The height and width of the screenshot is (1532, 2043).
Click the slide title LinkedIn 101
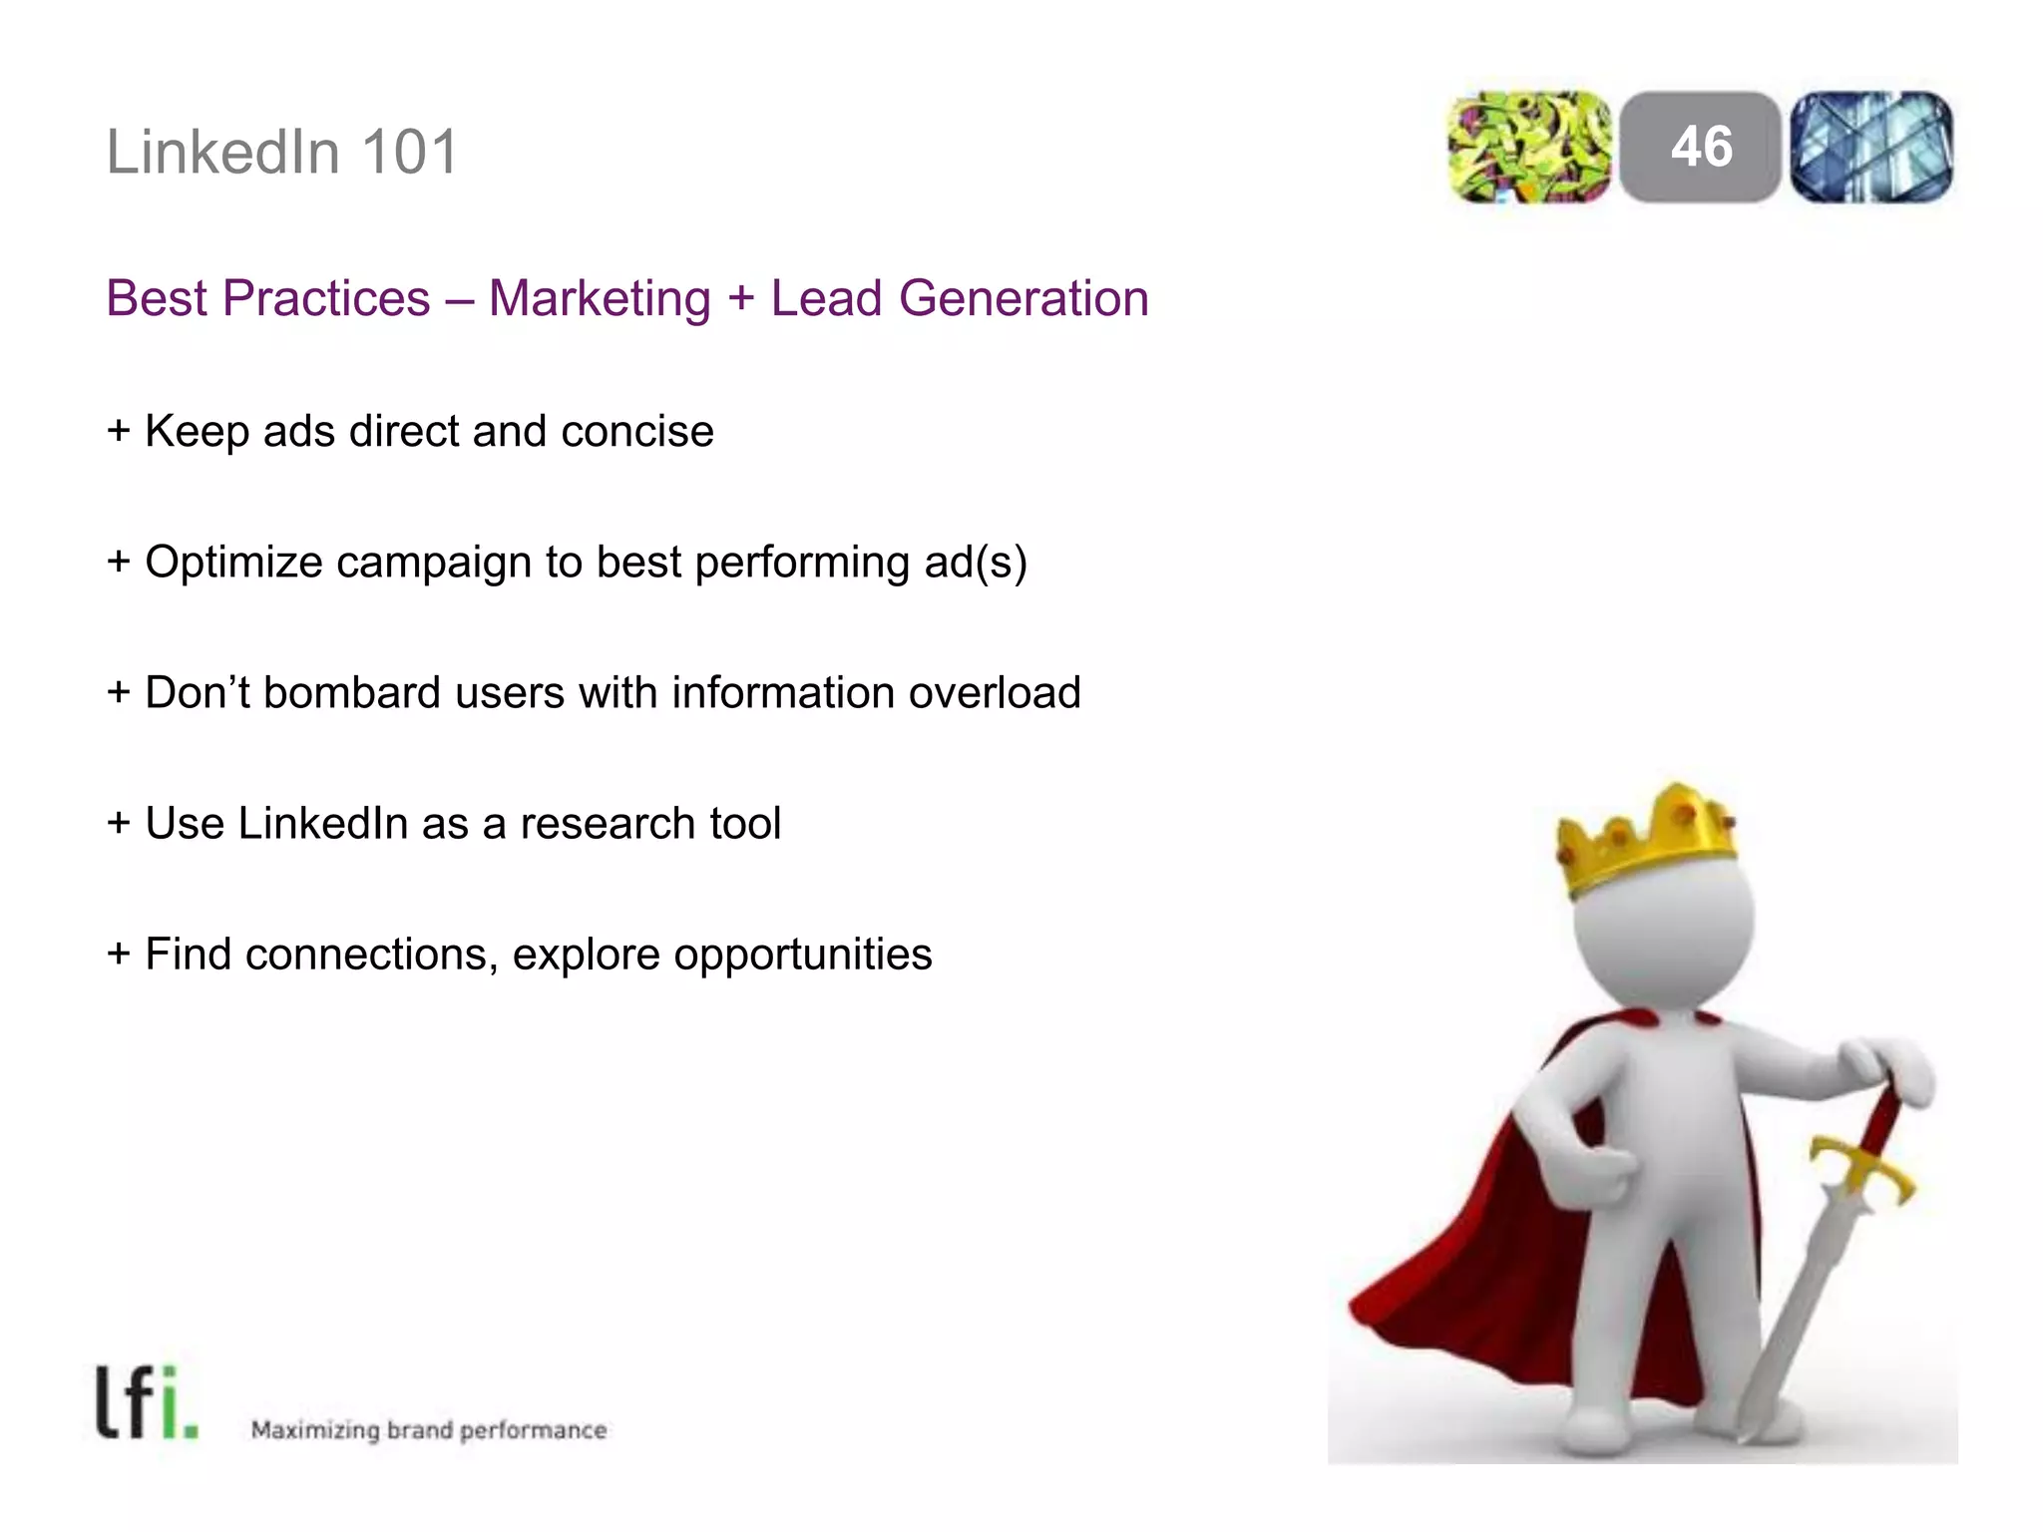click(282, 153)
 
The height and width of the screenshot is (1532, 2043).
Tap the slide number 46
click(1701, 147)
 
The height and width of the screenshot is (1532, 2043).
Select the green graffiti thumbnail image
click(1529, 147)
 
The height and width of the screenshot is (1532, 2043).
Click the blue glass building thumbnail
click(1871, 147)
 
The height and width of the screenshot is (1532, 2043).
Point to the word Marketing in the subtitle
click(600, 298)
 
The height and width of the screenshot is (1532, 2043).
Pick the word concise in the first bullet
click(637, 431)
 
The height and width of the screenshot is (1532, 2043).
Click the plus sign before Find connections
click(119, 954)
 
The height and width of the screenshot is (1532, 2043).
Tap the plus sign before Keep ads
click(119, 431)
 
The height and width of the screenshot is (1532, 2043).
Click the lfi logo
click(146, 1402)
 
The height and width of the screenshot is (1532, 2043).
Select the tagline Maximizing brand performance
click(429, 1430)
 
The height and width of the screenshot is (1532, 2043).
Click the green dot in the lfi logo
click(191, 1432)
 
